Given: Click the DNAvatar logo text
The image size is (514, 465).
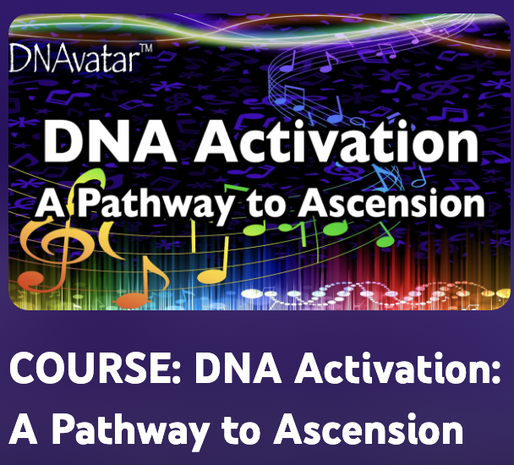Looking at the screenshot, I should coord(77,58).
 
